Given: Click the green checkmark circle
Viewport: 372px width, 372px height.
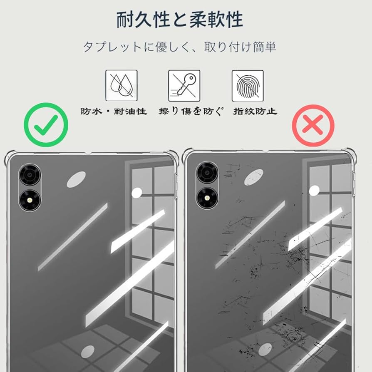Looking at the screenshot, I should (x=46, y=125).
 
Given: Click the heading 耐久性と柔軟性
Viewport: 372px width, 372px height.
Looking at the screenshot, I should (x=179, y=20).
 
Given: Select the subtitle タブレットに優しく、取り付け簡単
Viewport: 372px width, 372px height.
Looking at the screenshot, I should (x=179, y=47).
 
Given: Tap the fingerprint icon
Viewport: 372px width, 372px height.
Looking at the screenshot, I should (x=247, y=85).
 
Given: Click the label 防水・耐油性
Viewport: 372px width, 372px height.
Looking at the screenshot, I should (x=114, y=112).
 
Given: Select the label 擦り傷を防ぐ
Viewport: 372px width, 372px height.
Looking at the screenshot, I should (x=191, y=112).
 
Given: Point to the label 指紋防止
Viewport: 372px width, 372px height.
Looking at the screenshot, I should (x=255, y=112).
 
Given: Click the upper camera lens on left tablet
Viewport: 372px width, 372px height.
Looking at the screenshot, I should (x=30, y=174).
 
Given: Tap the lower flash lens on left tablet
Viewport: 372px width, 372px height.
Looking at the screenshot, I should (x=30, y=200).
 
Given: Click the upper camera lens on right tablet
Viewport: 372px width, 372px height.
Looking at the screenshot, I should (x=207, y=172).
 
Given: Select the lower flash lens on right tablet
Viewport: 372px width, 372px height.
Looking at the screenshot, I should (x=207, y=198).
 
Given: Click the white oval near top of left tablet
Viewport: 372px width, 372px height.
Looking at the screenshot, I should (x=76, y=179).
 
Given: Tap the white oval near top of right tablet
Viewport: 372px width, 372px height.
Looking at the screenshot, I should (x=253, y=177).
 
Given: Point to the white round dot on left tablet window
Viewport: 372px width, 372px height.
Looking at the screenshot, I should (x=137, y=193).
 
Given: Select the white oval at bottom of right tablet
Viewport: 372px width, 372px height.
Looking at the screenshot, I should (x=265, y=349).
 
